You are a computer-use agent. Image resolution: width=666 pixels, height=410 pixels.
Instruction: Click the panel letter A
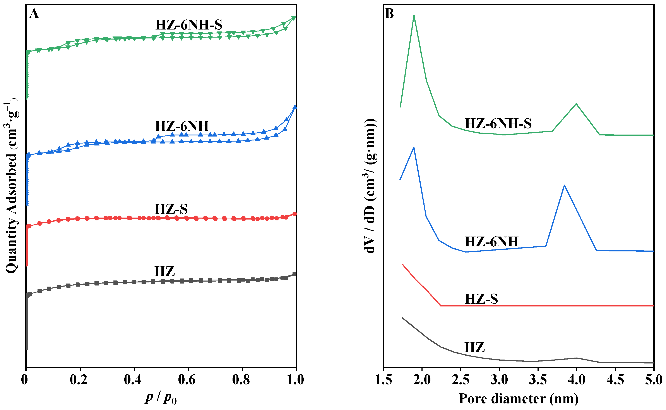[34, 14]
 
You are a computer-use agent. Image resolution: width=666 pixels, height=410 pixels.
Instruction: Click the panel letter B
[389, 14]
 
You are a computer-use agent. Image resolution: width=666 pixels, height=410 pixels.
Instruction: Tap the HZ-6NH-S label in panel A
[189, 25]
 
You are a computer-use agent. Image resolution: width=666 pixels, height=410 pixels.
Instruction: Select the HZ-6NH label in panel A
[182, 126]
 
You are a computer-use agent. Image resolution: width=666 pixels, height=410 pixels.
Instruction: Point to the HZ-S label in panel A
[171, 209]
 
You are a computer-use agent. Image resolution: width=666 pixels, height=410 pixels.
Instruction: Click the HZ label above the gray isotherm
[165, 272]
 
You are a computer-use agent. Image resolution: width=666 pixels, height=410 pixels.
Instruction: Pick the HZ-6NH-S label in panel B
[498, 124]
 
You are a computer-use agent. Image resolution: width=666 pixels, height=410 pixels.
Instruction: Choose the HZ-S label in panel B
[481, 299]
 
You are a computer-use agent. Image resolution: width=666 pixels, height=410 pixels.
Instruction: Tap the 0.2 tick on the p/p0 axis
[79, 380]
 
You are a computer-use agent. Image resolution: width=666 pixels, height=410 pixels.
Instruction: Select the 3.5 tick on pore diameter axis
[538, 380]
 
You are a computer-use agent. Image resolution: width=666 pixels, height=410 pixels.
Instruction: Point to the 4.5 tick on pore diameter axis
[615, 380]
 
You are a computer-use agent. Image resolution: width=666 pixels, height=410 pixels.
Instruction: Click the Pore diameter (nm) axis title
[519, 399]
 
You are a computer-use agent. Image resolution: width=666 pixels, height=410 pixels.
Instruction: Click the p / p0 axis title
[161, 398]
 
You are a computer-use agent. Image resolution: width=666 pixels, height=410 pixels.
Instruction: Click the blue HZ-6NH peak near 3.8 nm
[564, 185]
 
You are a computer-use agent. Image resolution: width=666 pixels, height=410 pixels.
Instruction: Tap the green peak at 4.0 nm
[576, 104]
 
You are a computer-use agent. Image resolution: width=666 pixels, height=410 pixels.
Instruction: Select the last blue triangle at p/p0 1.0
[295, 107]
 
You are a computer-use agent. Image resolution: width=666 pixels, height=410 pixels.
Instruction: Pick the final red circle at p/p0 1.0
[295, 214]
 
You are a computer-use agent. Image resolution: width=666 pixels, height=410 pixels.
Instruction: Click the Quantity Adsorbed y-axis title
[11, 187]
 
